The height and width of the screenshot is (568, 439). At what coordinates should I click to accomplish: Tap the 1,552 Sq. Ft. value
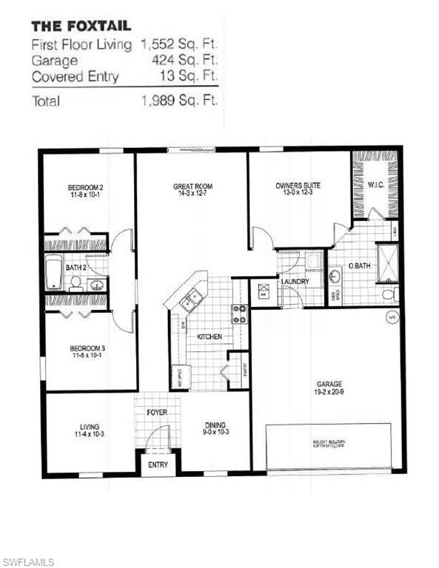[179, 45]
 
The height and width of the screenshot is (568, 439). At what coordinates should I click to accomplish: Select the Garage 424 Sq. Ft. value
[190, 61]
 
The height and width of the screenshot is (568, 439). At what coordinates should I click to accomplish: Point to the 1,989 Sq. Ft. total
[179, 101]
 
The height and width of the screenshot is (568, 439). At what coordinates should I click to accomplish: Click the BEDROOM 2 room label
[85, 188]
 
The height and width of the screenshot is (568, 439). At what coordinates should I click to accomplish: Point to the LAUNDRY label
[293, 282]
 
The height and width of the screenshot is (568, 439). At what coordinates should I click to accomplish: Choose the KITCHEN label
[210, 337]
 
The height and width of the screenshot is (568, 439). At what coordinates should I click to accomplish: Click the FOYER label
[157, 413]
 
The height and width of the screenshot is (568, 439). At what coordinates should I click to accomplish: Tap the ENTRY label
[158, 465]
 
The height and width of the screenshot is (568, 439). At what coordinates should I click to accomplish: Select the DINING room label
[215, 425]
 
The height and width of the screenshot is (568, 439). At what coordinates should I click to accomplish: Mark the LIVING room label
[90, 426]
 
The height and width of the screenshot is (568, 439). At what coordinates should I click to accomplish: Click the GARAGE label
[329, 385]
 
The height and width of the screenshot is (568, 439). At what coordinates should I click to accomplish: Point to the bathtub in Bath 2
[53, 272]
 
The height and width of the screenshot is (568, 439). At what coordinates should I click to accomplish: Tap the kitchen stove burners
[239, 314]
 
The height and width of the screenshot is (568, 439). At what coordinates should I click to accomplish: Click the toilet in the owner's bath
[389, 294]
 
